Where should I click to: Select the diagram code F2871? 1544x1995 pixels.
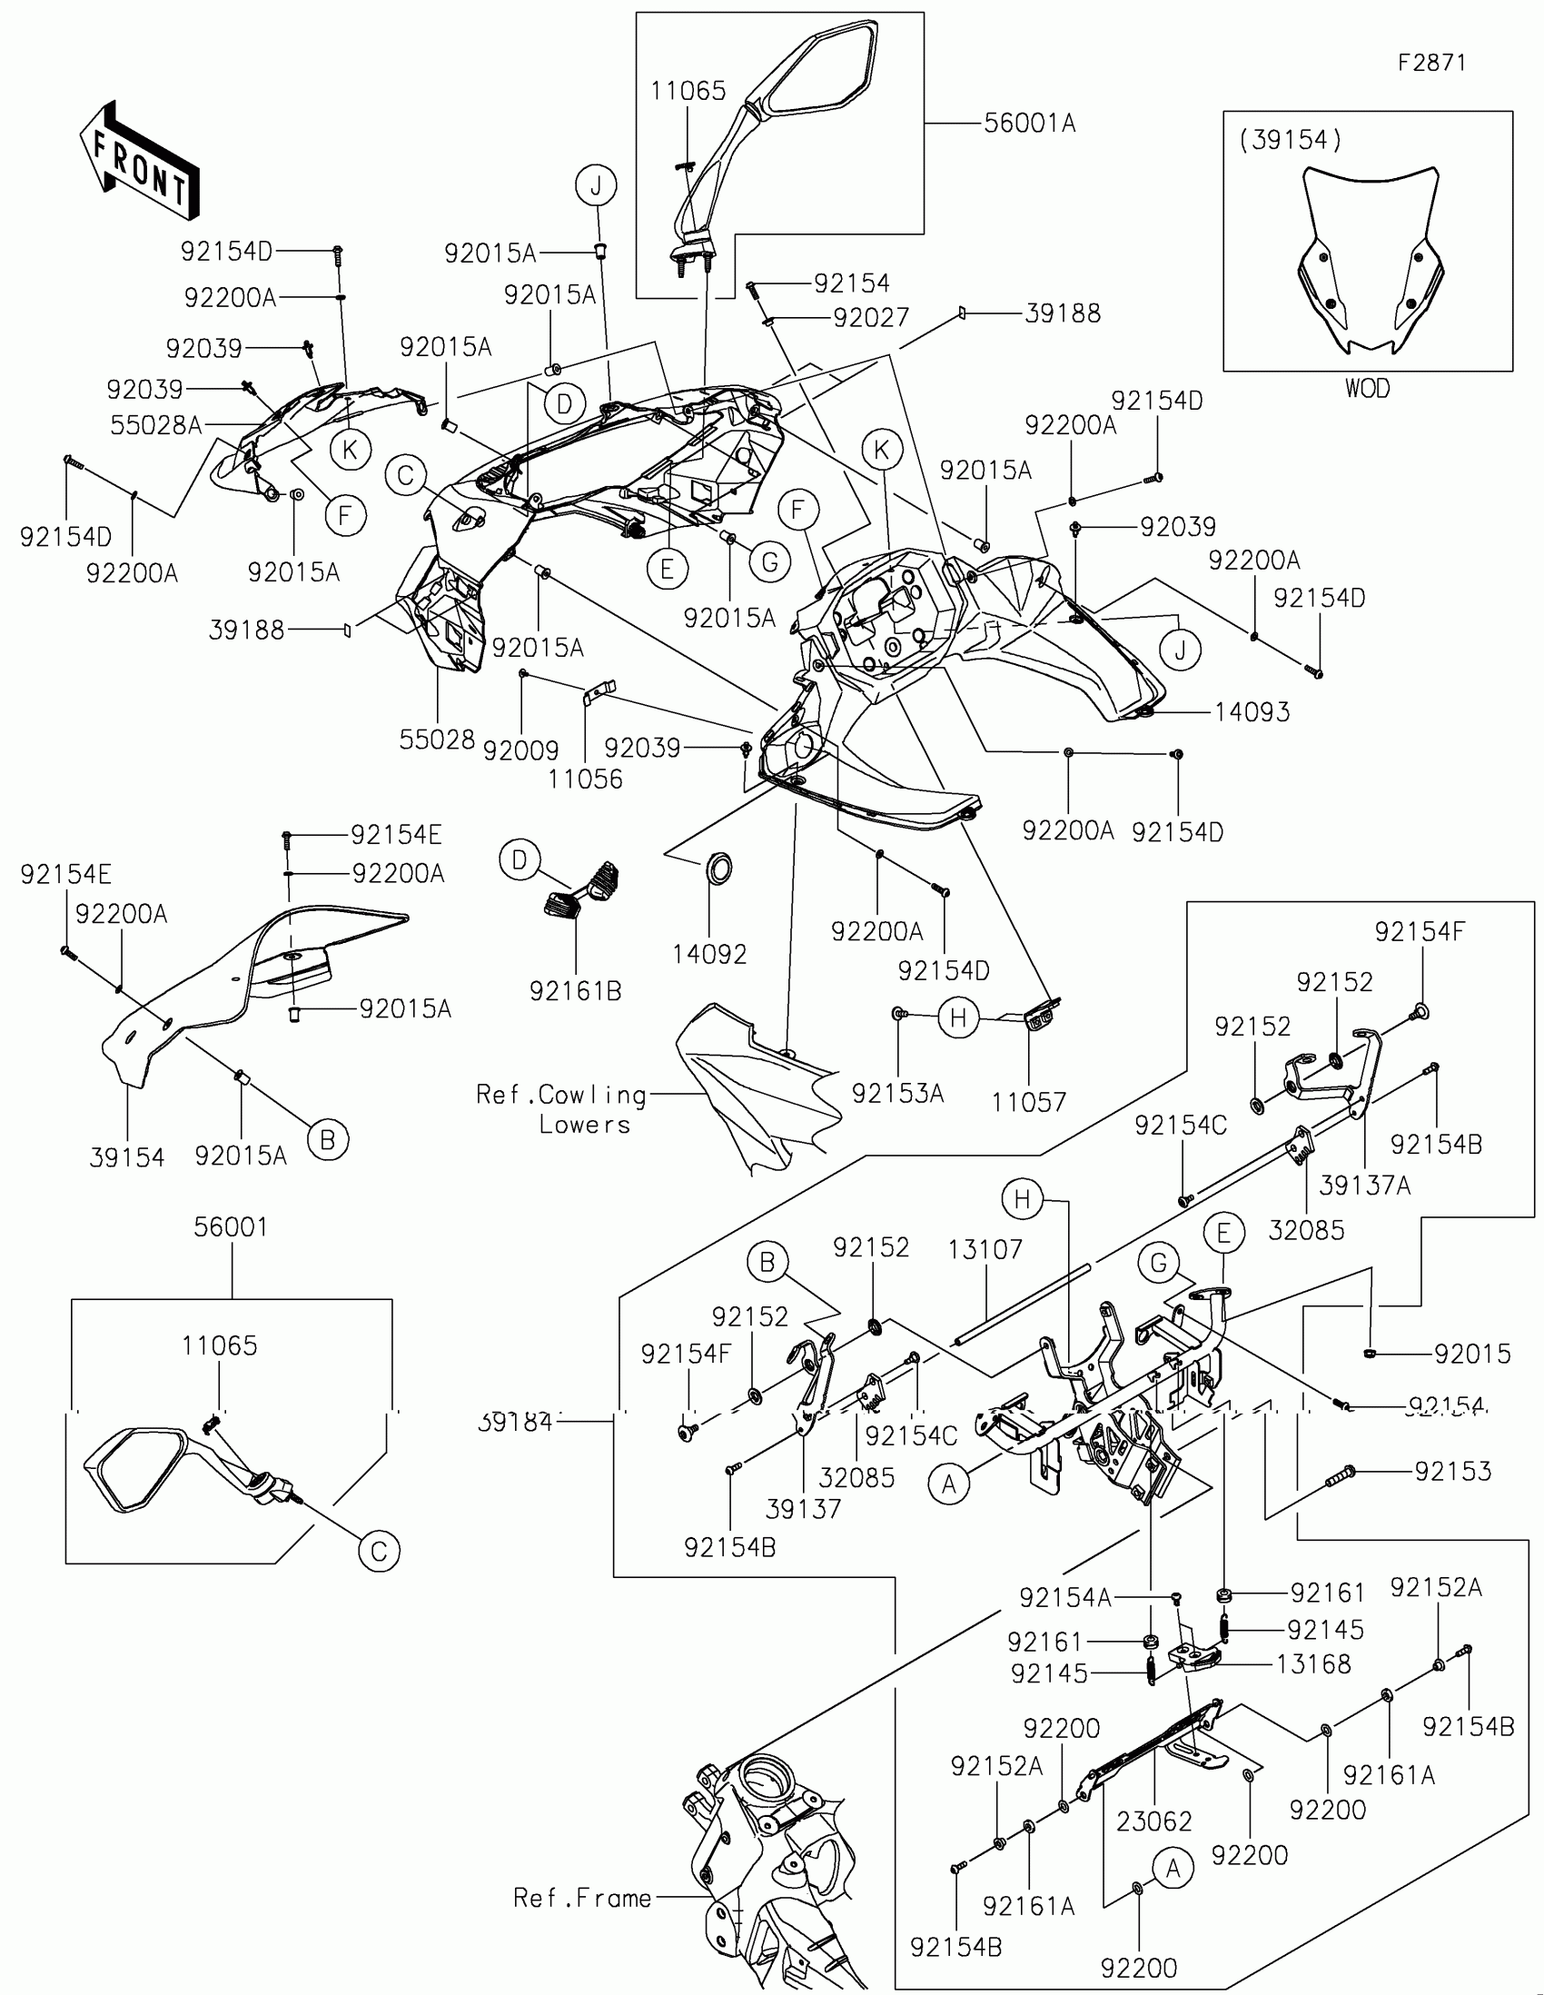1431,63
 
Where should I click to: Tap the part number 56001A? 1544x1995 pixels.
1029,124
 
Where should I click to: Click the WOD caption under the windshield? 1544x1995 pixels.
1367,389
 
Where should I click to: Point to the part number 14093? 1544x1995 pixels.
1252,712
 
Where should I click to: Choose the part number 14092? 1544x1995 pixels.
709,955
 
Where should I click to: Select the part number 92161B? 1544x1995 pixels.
575,991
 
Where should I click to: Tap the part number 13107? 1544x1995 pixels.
985,1250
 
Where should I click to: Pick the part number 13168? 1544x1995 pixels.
1313,1664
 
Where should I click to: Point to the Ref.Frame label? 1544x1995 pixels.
582,1899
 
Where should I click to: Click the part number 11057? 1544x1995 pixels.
1029,1103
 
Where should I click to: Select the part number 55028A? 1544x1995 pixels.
155,425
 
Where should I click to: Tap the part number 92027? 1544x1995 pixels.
871,318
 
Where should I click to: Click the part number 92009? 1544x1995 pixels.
520,751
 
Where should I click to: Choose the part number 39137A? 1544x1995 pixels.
1364,1186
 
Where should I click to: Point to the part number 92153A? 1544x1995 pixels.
897,1094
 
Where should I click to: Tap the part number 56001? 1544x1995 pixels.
231,1226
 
